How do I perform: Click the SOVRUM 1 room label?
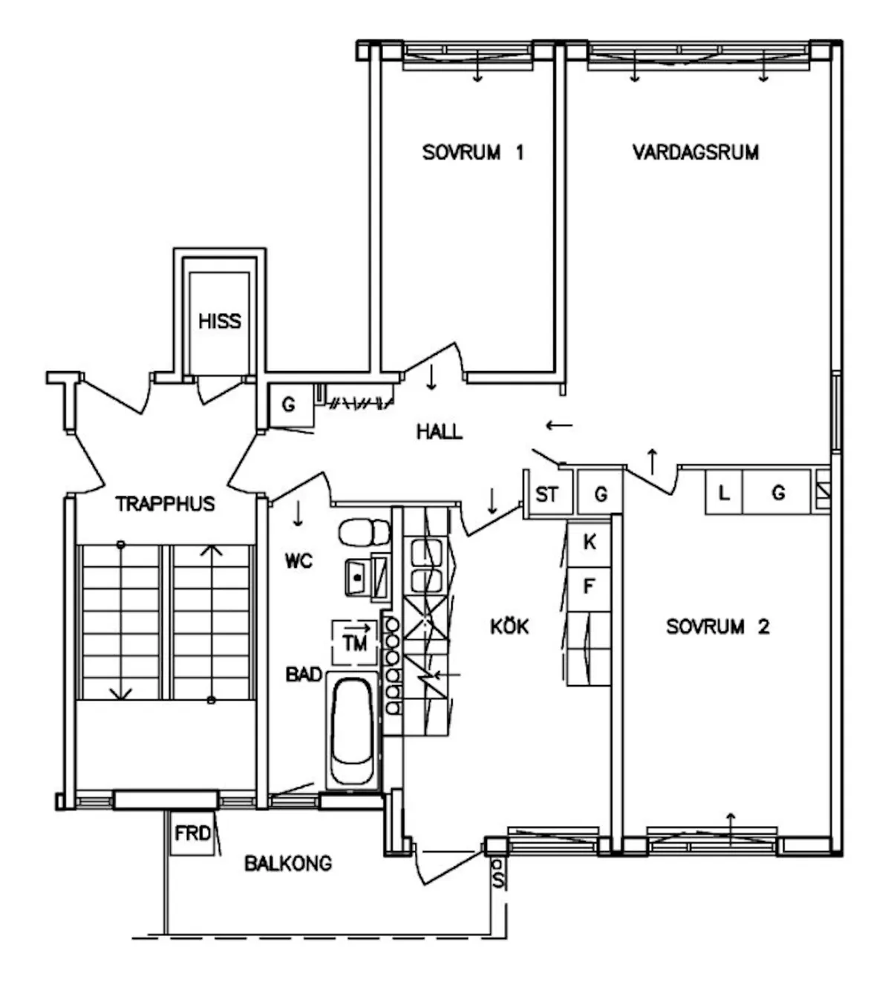click(x=473, y=152)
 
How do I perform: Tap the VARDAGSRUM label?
click(x=696, y=152)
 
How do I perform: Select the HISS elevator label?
click(x=220, y=321)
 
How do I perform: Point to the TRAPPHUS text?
click(x=166, y=504)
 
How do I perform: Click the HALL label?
click(x=440, y=432)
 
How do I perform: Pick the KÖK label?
click(x=509, y=626)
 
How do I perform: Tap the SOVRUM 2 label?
click(x=717, y=626)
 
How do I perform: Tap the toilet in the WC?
click(x=364, y=533)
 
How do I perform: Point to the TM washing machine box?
click(x=355, y=643)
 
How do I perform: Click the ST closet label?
click(x=546, y=494)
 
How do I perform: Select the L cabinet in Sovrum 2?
click(x=723, y=492)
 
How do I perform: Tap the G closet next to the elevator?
click(x=290, y=405)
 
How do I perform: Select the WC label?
click(x=298, y=561)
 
